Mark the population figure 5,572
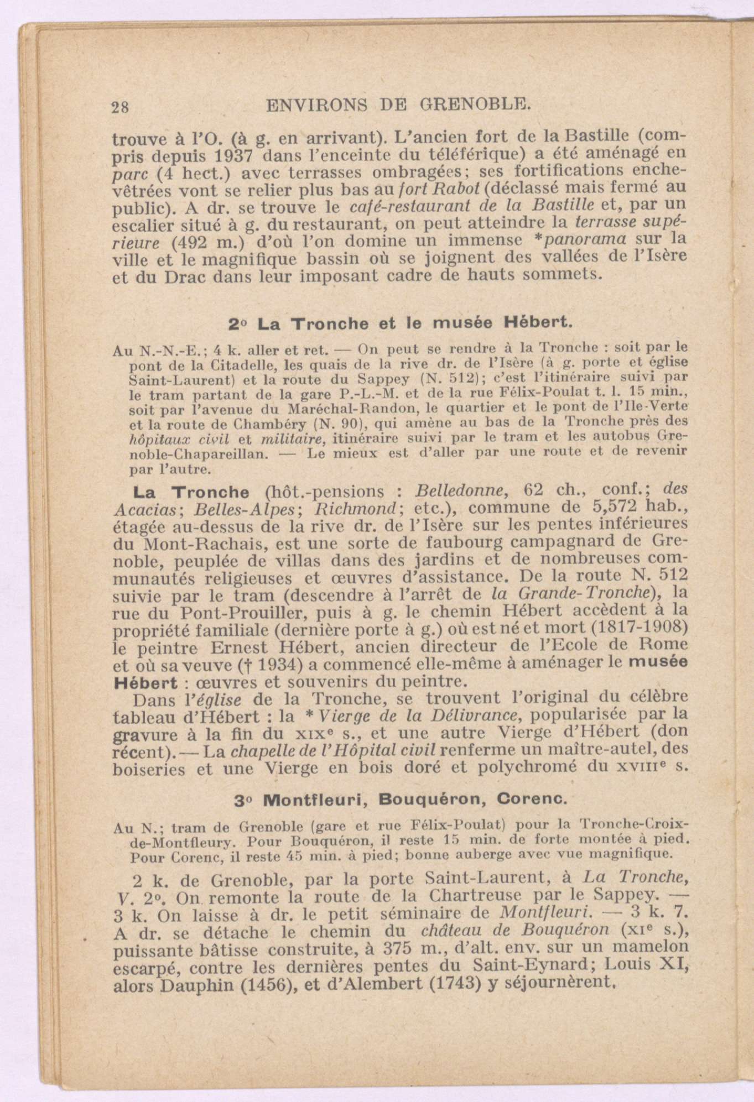pyautogui.click(x=606, y=507)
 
